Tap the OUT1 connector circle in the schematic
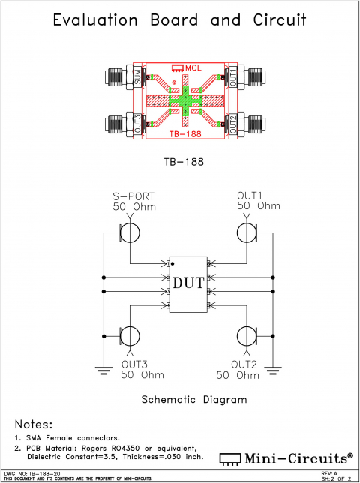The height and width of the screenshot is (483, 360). coord(247,232)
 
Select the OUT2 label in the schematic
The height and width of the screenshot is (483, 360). coord(244,364)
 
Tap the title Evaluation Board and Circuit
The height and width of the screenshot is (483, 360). coord(180,21)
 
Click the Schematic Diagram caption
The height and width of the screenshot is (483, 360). coord(194,400)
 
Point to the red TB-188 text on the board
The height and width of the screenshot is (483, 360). coord(184,133)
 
